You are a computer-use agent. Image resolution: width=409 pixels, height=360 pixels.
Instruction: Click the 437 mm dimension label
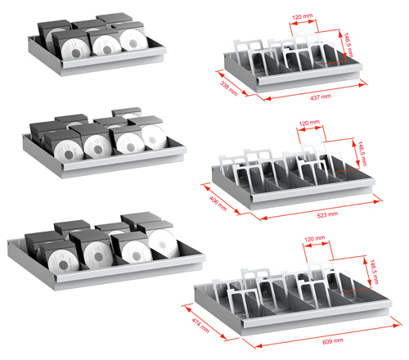[x=321, y=97]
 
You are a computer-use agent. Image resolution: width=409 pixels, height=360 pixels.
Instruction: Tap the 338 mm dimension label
[x=228, y=88]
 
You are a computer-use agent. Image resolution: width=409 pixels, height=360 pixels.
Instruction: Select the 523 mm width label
[x=327, y=215]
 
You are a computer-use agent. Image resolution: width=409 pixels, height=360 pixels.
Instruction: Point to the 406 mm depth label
[x=218, y=203]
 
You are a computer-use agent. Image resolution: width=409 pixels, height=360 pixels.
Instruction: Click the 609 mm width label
[x=333, y=341]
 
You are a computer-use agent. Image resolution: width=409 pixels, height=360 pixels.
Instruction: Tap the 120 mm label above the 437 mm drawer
[x=303, y=16]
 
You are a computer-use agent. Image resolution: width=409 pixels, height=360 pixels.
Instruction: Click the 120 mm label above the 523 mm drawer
[x=309, y=123]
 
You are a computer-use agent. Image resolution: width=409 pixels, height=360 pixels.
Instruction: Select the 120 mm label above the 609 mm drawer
[x=314, y=239]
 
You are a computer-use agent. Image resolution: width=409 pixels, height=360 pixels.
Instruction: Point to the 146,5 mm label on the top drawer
[x=348, y=45]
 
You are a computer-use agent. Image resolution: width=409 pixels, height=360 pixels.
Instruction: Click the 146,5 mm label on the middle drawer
[x=362, y=153]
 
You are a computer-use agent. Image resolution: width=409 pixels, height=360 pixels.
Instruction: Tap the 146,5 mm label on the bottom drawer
[x=374, y=272]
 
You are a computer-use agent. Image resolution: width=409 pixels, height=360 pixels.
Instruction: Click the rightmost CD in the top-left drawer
[x=133, y=40]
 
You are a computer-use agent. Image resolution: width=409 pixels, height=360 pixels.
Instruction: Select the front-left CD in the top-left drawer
[x=75, y=49]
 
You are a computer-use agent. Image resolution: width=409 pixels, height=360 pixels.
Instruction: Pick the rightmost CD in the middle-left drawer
[x=154, y=137]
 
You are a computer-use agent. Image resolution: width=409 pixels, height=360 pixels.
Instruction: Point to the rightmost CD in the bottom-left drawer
[x=163, y=244]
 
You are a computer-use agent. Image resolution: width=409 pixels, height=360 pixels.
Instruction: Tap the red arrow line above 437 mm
[x=316, y=92]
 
